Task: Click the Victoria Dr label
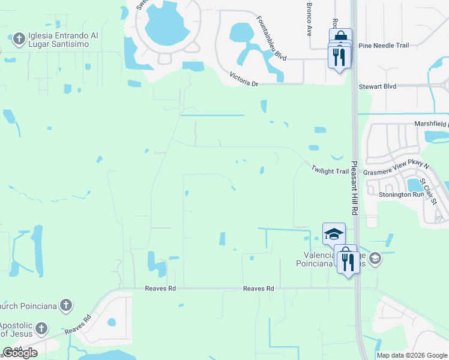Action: click(x=244, y=79)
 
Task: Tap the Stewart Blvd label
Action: click(x=378, y=86)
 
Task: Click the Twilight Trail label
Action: click(x=330, y=171)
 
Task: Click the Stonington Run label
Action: click(x=402, y=194)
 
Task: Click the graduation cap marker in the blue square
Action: click(x=334, y=234)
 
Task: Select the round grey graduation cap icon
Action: click(x=375, y=259)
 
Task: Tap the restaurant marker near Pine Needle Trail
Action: click(x=339, y=57)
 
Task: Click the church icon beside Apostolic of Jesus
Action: click(x=41, y=328)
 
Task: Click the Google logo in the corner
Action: click(x=20, y=353)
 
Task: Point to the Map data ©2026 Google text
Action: click(x=412, y=355)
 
